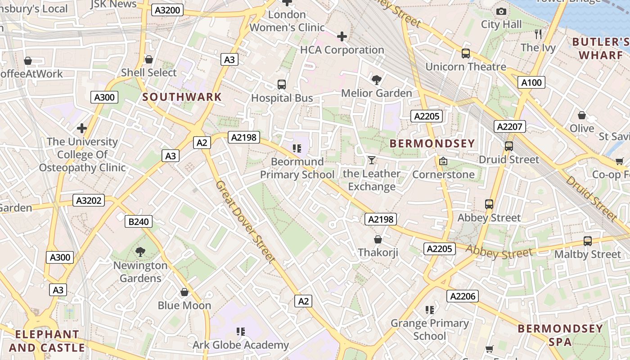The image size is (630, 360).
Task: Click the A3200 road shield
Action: pos(167,10)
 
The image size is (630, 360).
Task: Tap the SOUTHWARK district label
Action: pos(182,97)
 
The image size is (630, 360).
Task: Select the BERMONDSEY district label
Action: pos(432,144)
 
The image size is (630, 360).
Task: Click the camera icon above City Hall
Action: pos(501,11)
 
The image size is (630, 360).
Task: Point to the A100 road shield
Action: pos(531,82)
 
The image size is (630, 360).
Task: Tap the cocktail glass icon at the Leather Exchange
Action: pos(371,160)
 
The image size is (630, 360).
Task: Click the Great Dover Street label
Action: pos(245,221)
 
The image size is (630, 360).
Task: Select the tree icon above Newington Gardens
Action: pos(140,252)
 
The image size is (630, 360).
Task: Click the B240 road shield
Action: pos(139,221)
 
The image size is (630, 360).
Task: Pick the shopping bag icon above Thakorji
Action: pos(378,239)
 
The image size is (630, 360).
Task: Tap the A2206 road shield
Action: pos(463,296)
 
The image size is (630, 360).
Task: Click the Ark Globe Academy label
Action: pos(241,345)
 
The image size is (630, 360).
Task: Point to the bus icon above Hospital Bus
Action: pos(282,85)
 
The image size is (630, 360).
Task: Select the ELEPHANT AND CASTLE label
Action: pos(47,341)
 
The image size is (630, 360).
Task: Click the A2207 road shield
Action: pos(509,127)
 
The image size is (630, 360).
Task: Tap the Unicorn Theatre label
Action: pos(466,67)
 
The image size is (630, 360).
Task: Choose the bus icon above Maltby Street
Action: pos(588,241)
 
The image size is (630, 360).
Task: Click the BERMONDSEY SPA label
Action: pos(560,335)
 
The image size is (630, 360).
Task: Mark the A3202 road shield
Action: pos(89,200)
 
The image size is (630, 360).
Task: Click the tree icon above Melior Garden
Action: pos(376,80)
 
